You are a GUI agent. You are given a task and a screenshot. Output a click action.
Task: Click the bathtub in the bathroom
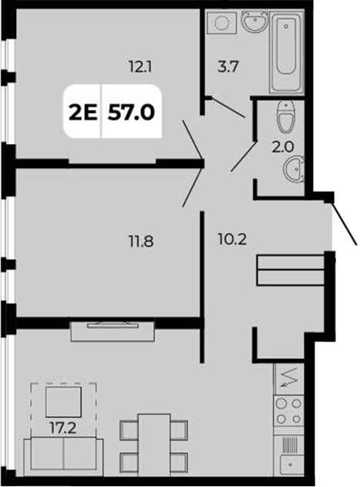285,51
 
